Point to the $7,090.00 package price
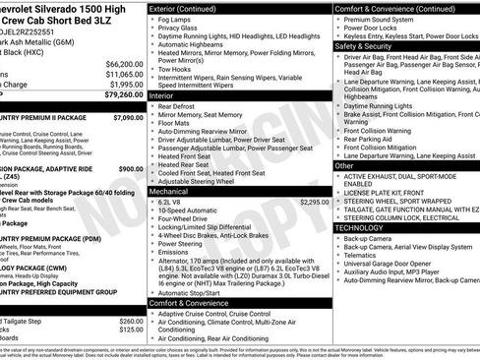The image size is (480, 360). point(128,116)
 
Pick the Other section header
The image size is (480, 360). point(344,165)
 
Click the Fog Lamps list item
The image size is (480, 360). point(177,21)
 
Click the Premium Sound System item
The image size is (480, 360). point(383,19)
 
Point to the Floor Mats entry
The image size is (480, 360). point(177,125)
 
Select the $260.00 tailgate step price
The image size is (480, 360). point(131,321)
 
